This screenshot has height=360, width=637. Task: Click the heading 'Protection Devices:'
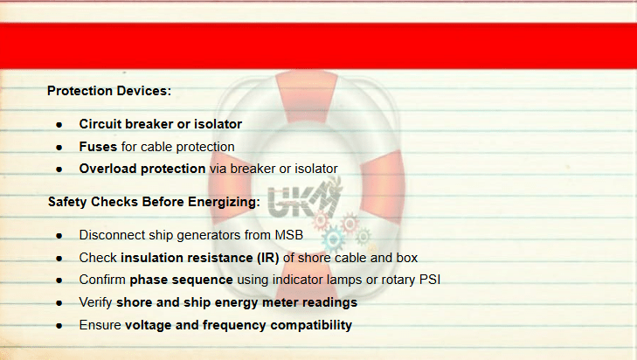[x=109, y=91]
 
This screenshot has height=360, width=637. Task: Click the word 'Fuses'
[x=98, y=147]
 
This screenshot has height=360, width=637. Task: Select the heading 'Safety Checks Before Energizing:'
[x=154, y=202]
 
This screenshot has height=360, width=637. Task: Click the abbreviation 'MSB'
[x=289, y=235]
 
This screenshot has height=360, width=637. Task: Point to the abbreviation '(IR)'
[x=267, y=258]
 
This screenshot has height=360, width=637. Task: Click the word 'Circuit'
[x=100, y=124]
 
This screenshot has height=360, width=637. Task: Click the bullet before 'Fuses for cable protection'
[x=59, y=147]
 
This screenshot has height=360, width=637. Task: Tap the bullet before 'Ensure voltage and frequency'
[x=59, y=326]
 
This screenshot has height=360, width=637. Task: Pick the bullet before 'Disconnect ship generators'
[x=59, y=236]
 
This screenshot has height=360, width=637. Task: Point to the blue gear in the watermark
[x=333, y=239]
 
